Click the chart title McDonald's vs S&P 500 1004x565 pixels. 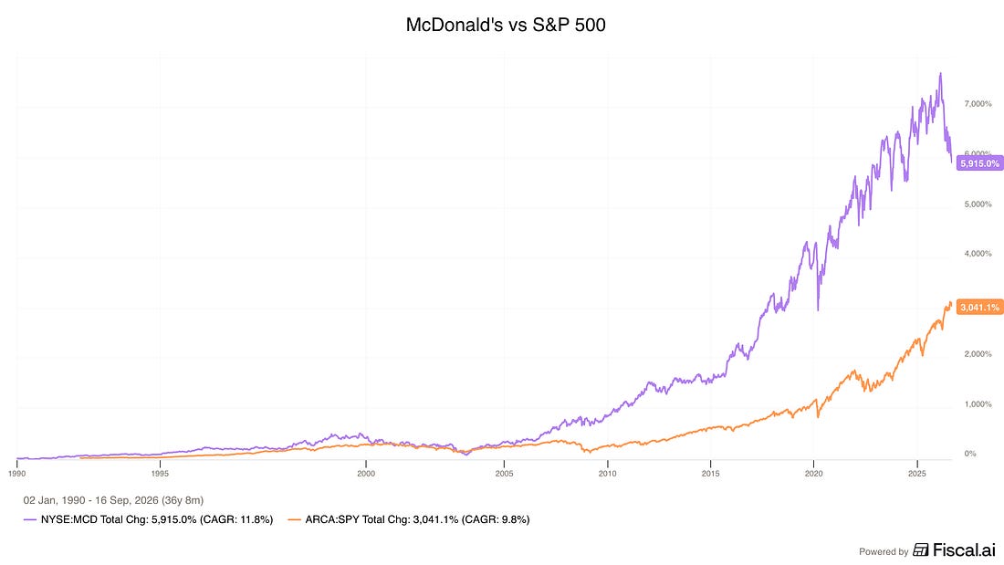pyautogui.click(x=506, y=25)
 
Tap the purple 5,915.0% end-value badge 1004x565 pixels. pyautogui.click(x=979, y=163)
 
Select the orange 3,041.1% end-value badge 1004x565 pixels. pyautogui.click(x=979, y=308)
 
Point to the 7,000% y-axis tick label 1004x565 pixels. pyautogui.click(x=978, y=104)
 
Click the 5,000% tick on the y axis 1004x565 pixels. pyautogui.click(x=978, y=204)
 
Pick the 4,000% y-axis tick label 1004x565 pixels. pyautogui.click(x=978, y=254)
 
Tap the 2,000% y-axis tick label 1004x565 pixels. pyautogui.click(x=978, y=354)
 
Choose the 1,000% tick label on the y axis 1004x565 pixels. pyautogui.click(x=978, y=404)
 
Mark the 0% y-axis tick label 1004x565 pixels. pyautogui.click(x=970, y=454)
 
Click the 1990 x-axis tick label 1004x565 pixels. pyautogui.click(x=16, y=474)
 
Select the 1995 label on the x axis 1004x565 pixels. pyautogui.click(x=160, y=474)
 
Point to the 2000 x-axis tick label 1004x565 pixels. pyautogui.click(x=366, y=474)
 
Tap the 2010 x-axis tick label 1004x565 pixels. pyautogui.click(x=608, y=474)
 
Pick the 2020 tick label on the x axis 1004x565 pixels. pyautogui.click(x=814, y=474)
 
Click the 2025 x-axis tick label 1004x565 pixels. pyautogui.click(x=917, y=474)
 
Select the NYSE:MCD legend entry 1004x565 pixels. pyautogui.click(x=149, y=519)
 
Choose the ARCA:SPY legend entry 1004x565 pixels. pyautogui.click(x=409, y=519)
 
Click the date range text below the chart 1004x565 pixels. pyautogui.click(x=113, y=500)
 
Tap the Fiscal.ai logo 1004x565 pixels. pyautogui.click(x=954, y=549)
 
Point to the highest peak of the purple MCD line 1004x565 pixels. pyautogui.click(x=940, y=74)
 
